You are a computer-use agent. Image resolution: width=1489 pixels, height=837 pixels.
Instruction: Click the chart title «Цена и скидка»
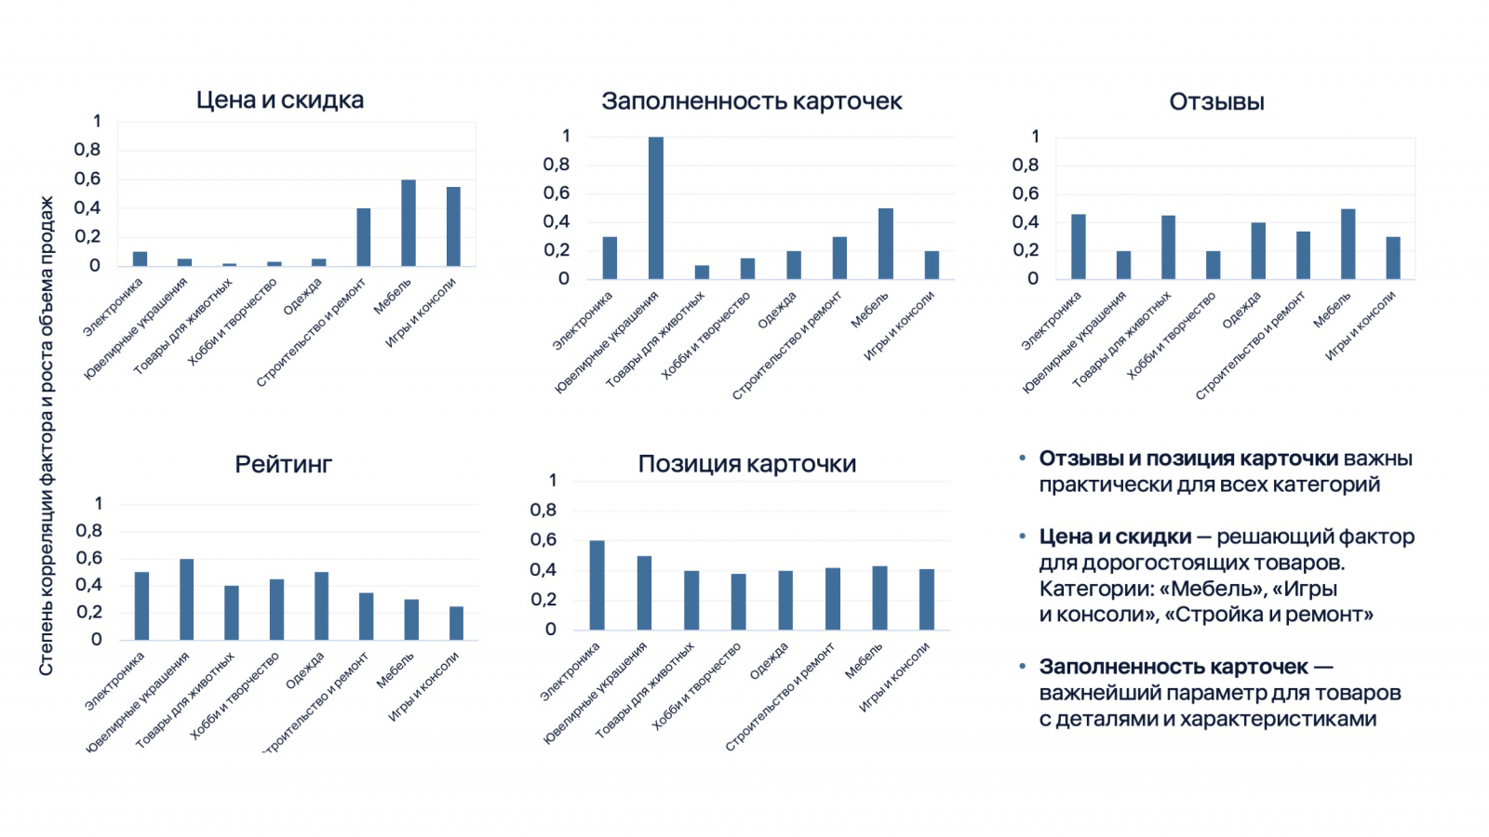(279, 100)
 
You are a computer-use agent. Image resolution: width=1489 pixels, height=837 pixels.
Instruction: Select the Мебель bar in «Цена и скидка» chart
(409, 223)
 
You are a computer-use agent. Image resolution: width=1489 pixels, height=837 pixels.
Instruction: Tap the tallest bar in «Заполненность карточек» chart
(656, 207)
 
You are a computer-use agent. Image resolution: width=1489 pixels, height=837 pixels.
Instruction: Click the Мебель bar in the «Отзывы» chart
(1348, 244)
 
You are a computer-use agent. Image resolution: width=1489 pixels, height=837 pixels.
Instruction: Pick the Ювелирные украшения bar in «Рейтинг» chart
(186, 599)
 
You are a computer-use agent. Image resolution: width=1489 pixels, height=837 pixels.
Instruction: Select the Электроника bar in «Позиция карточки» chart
(597, 585)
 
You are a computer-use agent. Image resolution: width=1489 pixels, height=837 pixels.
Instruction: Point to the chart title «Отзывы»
(1216, 102)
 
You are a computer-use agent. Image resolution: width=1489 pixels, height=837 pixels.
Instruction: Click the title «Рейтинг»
(283, 464)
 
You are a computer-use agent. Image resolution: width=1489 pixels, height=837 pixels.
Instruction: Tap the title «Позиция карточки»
(746, 464)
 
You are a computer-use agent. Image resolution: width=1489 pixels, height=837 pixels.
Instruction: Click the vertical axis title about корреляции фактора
(47, 435)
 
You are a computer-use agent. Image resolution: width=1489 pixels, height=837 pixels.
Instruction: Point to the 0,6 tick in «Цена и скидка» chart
(87, 179)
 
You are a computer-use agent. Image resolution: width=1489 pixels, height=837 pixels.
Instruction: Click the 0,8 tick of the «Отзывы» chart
(1026, 165)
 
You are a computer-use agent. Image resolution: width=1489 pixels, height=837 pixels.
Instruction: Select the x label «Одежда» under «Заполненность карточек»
(777, 310)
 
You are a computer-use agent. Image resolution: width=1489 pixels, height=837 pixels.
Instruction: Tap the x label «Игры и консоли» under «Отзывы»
(1361, 325)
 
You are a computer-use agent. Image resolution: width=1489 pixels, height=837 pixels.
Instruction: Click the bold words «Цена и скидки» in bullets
(1115, 537)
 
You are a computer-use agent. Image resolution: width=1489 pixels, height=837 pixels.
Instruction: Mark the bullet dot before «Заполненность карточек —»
(1022, 666)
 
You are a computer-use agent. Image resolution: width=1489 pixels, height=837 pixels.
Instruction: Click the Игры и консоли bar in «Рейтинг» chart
(456, 623)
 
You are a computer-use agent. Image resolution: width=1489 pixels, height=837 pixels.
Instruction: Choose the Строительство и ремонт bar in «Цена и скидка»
(363, 237)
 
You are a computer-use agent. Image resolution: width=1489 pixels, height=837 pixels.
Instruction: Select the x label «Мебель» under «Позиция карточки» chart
(864, 660)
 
